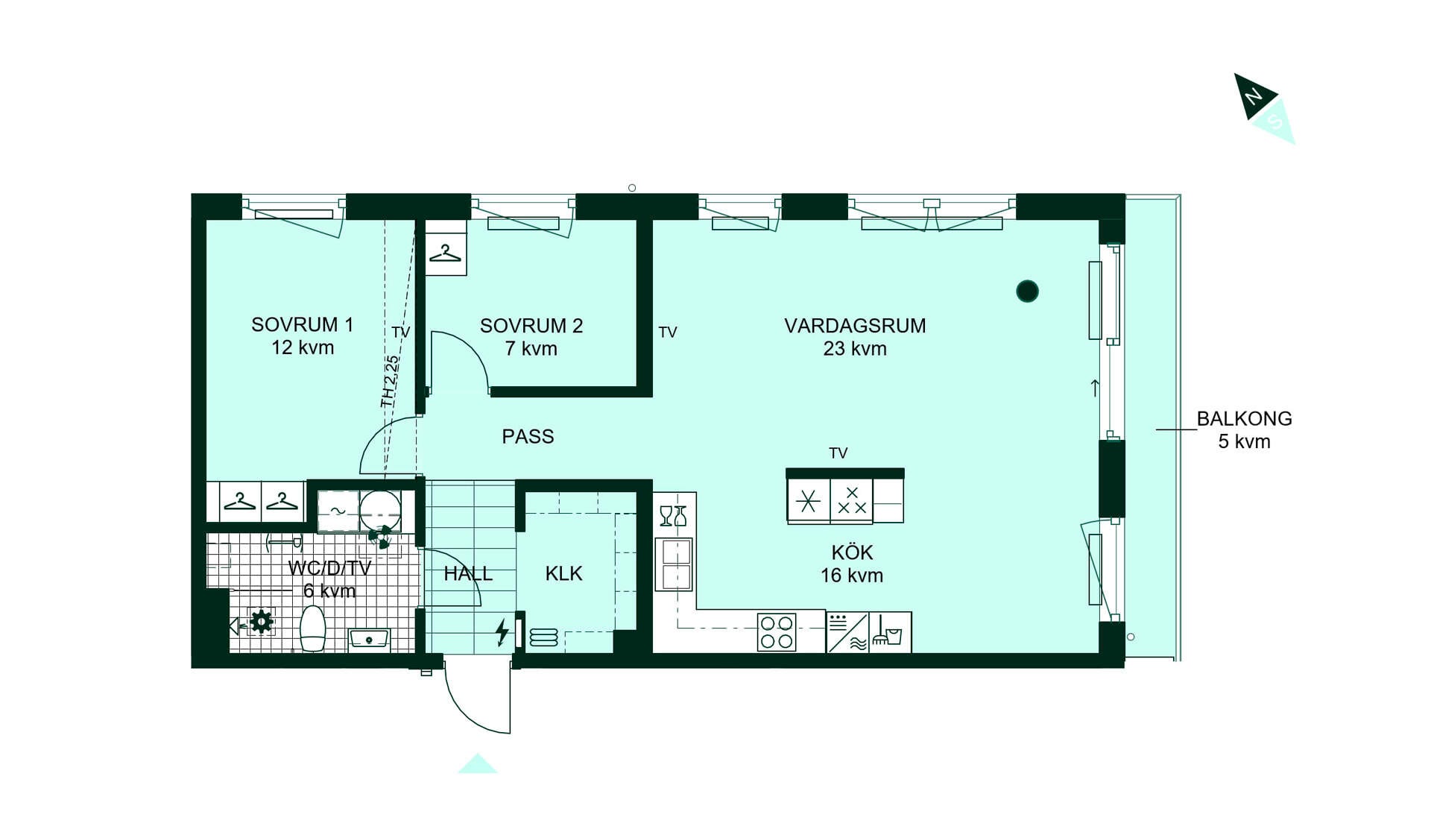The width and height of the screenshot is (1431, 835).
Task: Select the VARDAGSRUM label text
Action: [x=855, y=326]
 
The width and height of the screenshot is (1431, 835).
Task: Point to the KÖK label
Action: [x=852, y=552]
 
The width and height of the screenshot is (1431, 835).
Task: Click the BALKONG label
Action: [x=1244, y=419]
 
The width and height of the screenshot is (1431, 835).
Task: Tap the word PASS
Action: [x=528, y=437]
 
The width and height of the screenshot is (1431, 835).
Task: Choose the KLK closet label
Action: [x=563, y=573]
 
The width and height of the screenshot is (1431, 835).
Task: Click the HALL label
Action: [x=468, y=573]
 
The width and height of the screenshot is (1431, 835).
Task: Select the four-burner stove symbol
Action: [x=777, y=632]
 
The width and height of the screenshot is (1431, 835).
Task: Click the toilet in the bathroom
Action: [x=313, y=628]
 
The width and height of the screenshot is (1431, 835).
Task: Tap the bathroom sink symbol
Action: [x=369, y=640]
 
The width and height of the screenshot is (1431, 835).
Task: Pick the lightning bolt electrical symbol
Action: [x=502, y=631]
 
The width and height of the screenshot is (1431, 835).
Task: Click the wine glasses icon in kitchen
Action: [x=673, y=516]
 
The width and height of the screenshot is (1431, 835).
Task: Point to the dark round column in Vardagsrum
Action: [x=1027, y=291]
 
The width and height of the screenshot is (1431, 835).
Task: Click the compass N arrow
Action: [x=1255, y=95]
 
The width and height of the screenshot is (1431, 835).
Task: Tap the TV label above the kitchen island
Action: [x=838, y=453]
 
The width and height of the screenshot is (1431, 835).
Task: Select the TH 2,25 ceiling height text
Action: [x=390, y=381]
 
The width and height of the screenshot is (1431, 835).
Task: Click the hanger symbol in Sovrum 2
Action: [x=446, y=253]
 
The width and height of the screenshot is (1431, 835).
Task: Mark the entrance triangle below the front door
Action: [x=478, y=763]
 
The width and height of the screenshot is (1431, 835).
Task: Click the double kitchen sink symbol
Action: [x=675, y=564]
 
